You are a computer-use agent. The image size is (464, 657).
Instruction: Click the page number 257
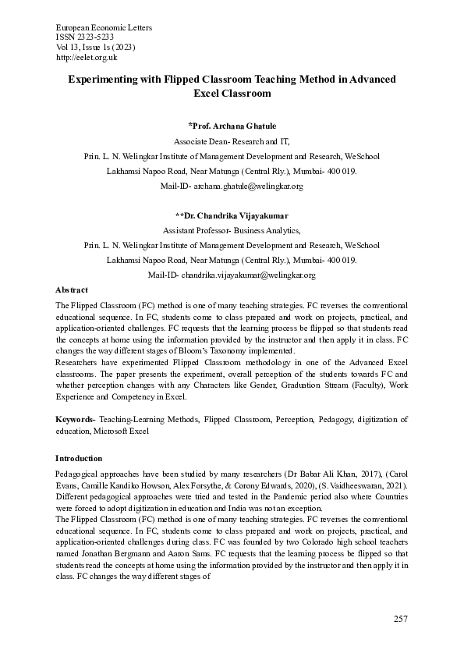click(400, 619)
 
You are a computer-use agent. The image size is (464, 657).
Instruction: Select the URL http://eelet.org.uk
click(87, 57)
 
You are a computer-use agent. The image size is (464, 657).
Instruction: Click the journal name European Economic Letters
click(104, 28)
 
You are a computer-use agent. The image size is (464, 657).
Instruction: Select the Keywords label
click(74, 420)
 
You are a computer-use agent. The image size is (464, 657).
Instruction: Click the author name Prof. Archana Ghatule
click(232, 126)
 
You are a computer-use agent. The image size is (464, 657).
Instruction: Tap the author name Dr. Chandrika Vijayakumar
click(232, 215)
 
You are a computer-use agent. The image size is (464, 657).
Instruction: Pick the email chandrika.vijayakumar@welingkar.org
click(248, 275)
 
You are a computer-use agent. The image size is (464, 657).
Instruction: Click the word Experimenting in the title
click(104, 80)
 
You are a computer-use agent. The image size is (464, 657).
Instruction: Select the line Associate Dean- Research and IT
click(232, 141)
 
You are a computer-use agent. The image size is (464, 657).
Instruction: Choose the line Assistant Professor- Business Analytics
click(232, 230)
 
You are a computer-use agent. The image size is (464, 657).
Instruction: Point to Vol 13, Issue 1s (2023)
click(90, 48)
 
